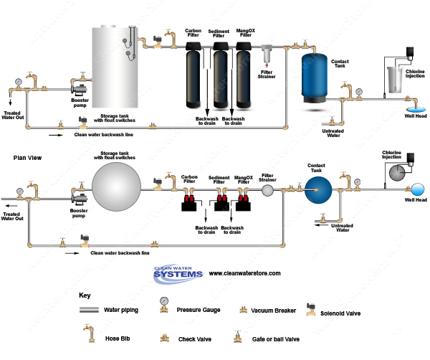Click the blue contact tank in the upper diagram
(x=315, y=78)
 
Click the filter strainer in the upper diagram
(x=267, y=54)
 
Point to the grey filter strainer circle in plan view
(x=267, y=190)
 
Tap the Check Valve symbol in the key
(x=164, y=336)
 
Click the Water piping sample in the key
(x=90, y=310)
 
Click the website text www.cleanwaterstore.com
(x=244, y=273)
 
